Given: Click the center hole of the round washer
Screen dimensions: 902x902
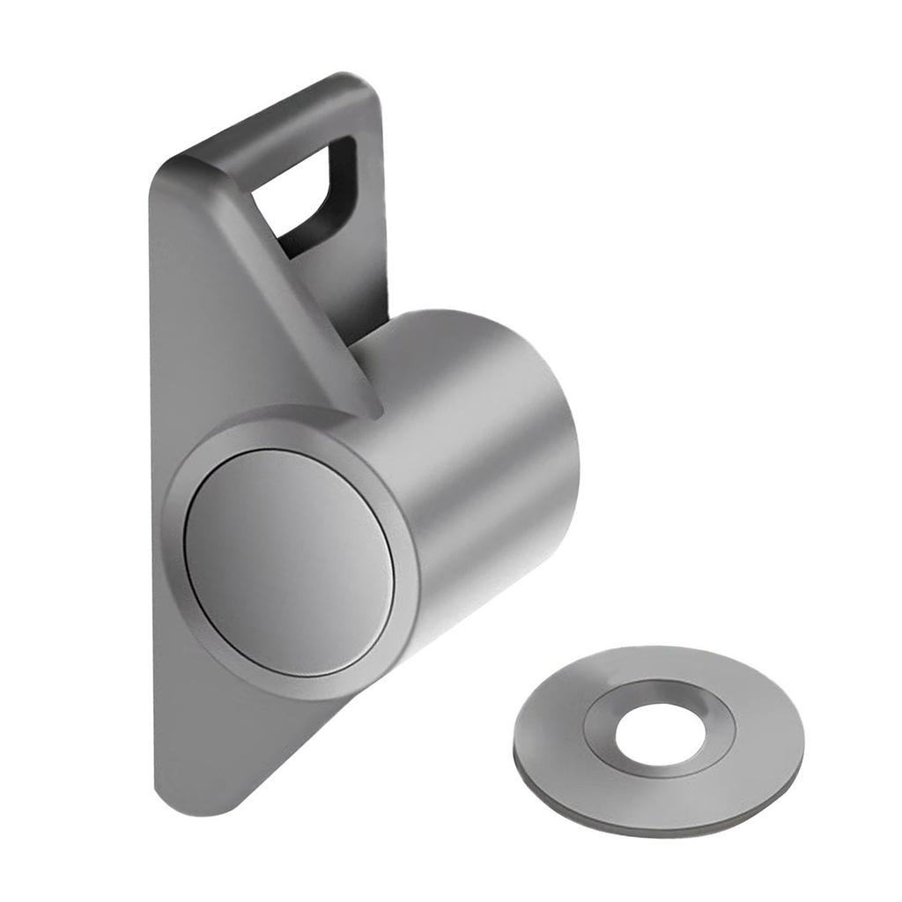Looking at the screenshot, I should coord(660,730).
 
